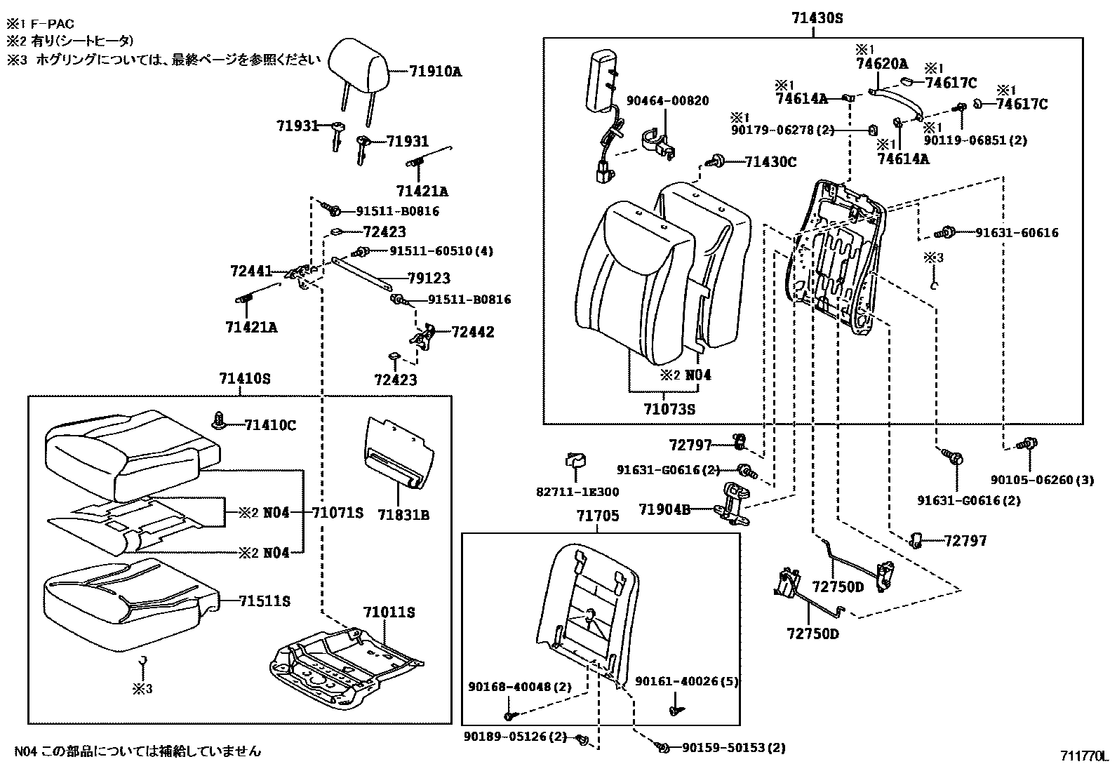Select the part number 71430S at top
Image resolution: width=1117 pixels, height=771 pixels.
817,19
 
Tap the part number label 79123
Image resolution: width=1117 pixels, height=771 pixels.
429,279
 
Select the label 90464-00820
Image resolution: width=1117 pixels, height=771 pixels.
667,100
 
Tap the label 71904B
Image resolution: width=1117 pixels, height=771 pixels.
664,509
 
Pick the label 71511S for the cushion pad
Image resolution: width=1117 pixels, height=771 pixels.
265,601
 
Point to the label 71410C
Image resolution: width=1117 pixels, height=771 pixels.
270,425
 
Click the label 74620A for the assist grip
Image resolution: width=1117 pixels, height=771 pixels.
881,63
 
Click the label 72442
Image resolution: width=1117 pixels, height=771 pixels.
472,332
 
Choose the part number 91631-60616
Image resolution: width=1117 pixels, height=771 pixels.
1017,233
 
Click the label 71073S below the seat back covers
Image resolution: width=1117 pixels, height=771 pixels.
669,409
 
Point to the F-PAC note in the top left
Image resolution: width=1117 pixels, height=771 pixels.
43,24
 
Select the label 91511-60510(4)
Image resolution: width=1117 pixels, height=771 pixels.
441,251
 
